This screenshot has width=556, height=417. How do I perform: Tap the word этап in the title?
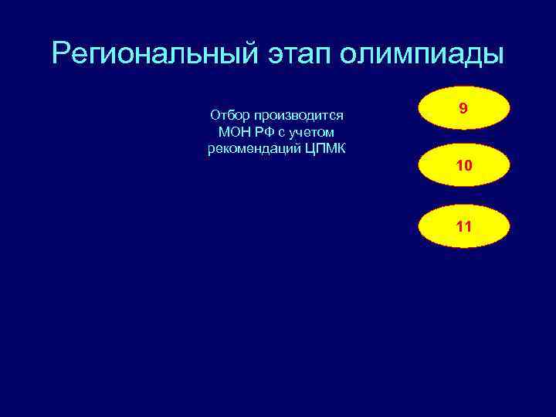click(288, 54)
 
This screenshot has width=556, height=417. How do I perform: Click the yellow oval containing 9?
click(463, 110)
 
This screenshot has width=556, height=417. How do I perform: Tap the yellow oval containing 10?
click(463, 167)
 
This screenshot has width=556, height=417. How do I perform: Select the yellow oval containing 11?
click(463, 225)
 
